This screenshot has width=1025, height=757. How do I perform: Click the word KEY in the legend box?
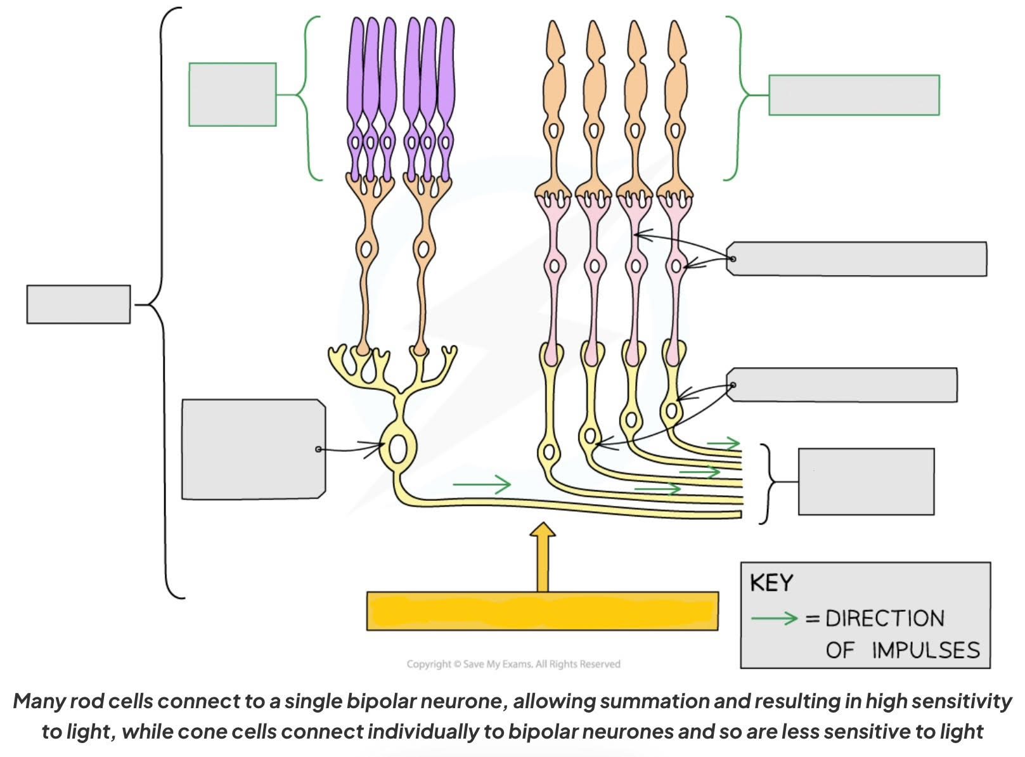tap(771, 583)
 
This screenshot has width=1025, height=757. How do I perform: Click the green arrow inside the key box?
tap(773, 618)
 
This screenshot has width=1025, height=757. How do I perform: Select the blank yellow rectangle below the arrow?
tap(542, 611)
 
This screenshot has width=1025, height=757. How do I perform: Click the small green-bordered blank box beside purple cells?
tap(232, 94)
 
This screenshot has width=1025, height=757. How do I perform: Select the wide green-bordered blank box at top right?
tap(853, 95)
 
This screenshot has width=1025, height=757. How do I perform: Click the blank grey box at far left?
tap(78, 304)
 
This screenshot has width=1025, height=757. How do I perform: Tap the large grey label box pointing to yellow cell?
tap(252, 449)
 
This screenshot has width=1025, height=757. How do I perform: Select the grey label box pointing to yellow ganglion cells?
tap(843, 385)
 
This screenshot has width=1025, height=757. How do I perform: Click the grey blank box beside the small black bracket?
tap(865, 481)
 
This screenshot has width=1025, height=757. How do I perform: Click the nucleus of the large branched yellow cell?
tap(398, 450)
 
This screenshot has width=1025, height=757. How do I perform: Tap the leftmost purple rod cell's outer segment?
tap(356, 70)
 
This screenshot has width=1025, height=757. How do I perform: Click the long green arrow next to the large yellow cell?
tap(481, 485)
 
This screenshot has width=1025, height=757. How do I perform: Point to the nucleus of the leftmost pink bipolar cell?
tap(555, 265)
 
